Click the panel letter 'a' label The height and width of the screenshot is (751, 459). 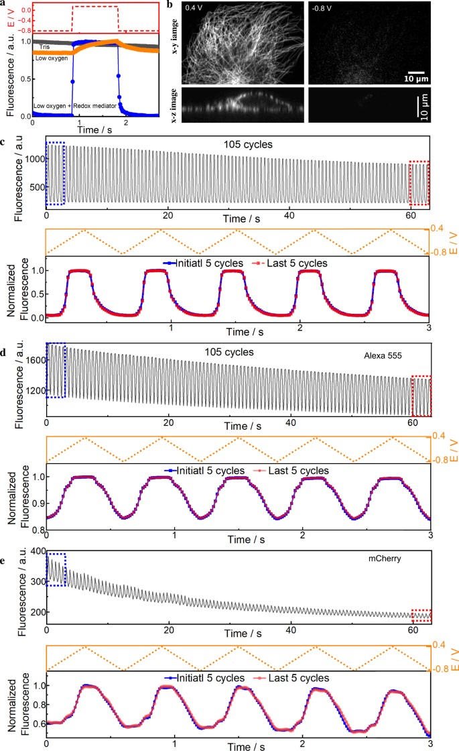(x=3, y=4)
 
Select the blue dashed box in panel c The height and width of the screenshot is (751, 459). (x=55, y=174)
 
